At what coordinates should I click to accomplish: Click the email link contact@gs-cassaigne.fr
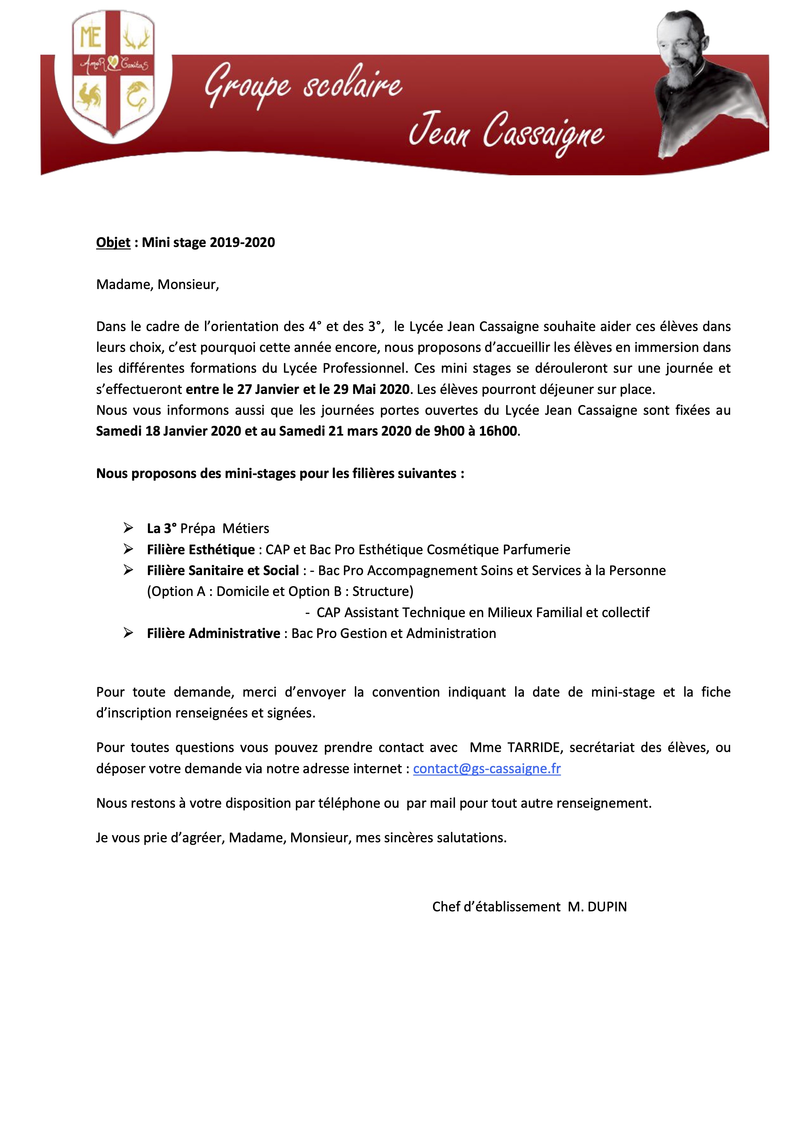coord(486,768)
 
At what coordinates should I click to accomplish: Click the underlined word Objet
coord(113,242)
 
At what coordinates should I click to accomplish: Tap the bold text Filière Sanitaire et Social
coord(223,571)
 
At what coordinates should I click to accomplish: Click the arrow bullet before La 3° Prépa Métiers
coord(128,528)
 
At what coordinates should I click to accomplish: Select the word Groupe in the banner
coord(247,86)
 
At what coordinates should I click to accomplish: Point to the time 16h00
coord(498,431)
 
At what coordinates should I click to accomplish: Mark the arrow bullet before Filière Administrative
coord(128,633)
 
